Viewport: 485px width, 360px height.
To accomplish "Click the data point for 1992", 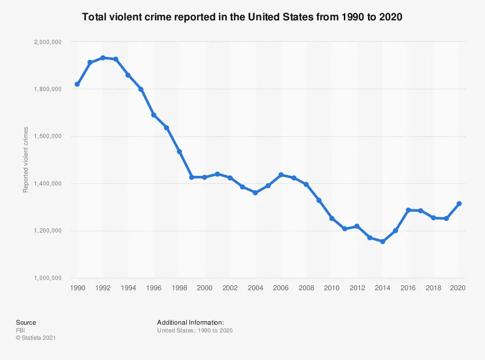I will (102, 58).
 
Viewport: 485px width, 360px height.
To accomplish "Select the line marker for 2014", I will (383, 241).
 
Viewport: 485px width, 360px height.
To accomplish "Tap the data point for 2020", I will (459, 203).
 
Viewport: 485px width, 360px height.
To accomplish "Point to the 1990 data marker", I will (77, 84).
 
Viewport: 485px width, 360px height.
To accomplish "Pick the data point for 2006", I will (281, 174).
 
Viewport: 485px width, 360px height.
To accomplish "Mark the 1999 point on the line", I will (192, 177).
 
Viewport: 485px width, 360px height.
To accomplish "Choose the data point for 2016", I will (408, 210).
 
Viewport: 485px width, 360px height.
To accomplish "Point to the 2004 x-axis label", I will (255, 287).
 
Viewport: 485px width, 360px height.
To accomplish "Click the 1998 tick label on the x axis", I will (179, 287).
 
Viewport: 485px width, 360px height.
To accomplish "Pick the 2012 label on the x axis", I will (357, 287).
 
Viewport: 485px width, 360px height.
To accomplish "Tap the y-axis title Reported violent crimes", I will (26, 159).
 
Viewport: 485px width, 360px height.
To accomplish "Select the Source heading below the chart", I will (26, 322).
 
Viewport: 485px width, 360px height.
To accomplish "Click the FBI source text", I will (20, 330).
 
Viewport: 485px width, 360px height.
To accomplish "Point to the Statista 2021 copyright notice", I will (36, 338).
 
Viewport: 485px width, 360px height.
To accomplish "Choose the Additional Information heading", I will (190, 322).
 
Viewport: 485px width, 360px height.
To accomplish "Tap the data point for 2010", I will (332, 219).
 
